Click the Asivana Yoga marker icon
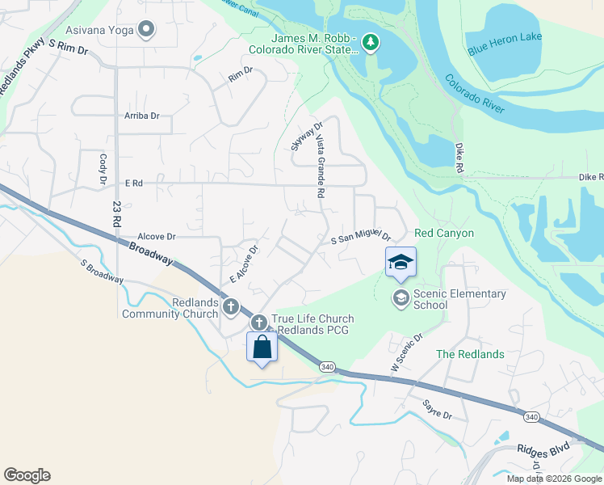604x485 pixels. point(146,31)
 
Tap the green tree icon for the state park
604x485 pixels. point(370,42)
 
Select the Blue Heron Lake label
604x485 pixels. point(505,37)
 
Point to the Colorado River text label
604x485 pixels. point(475,94)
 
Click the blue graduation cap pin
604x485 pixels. point(401,263)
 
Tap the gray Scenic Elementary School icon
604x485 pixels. point(401,299)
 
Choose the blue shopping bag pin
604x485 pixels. point(262,347)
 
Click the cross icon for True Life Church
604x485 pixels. point(260,323)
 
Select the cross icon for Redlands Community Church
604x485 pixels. point(232,306)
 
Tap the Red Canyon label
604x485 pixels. point(443,233)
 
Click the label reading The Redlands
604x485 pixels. point(470,354)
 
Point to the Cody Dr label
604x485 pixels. point(103,169)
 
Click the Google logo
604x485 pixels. point(27,475)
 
